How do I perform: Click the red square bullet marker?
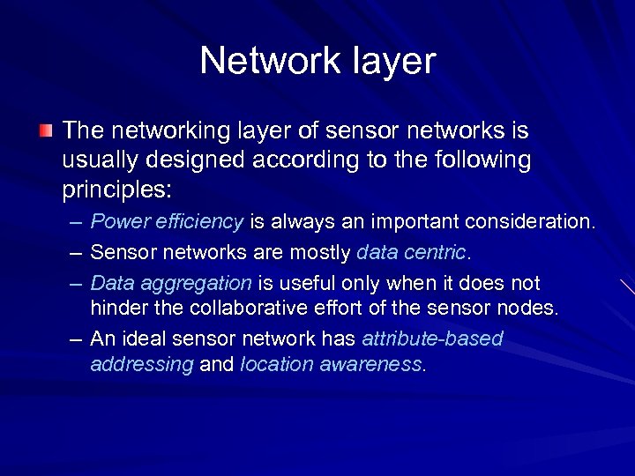[46, 131]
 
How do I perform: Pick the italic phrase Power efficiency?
[167, 221]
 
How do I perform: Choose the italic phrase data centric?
[412, 253]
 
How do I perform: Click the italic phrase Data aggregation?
[171, 283]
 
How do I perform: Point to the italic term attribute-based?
[432, 338]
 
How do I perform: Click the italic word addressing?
[141, 364]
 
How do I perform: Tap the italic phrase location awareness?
[332, 364]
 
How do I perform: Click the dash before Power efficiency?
[77, 222]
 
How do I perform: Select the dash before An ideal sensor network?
[77, 339]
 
